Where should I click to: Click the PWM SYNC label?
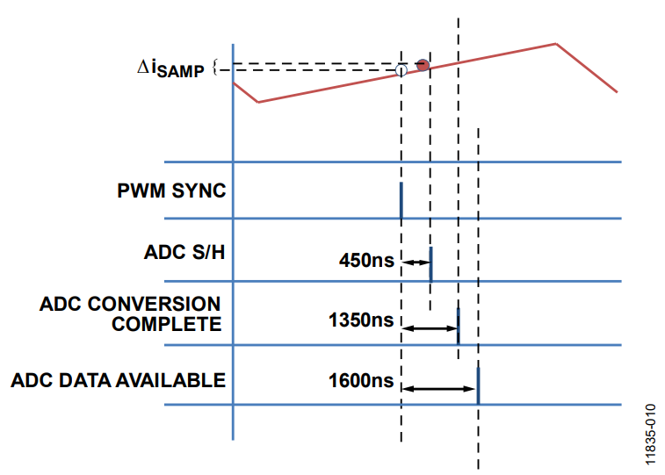click(171, 191)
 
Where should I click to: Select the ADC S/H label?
click(184, 253)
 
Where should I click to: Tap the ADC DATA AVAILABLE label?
click(119, 380)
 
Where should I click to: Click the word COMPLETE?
click(166, 324)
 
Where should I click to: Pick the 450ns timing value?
click(366, 260)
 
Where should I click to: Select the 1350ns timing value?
click(361, 320)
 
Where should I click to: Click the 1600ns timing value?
click(361, 380)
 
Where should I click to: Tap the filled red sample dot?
click(423, 65)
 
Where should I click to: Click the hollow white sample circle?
click(401, 70)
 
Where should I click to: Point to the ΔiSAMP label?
click(170, 68)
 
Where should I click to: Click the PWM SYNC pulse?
click(401, 200)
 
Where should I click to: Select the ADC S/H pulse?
click(431, 264)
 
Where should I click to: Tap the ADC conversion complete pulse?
click(458, 327)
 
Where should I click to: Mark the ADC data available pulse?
click(479, 386)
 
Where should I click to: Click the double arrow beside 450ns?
click(416, 263)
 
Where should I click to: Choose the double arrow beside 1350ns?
click(430, 328)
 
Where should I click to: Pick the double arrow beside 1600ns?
click(438, 389)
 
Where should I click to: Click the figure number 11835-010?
click(651, 435)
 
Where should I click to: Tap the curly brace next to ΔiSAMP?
click(215, 67)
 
